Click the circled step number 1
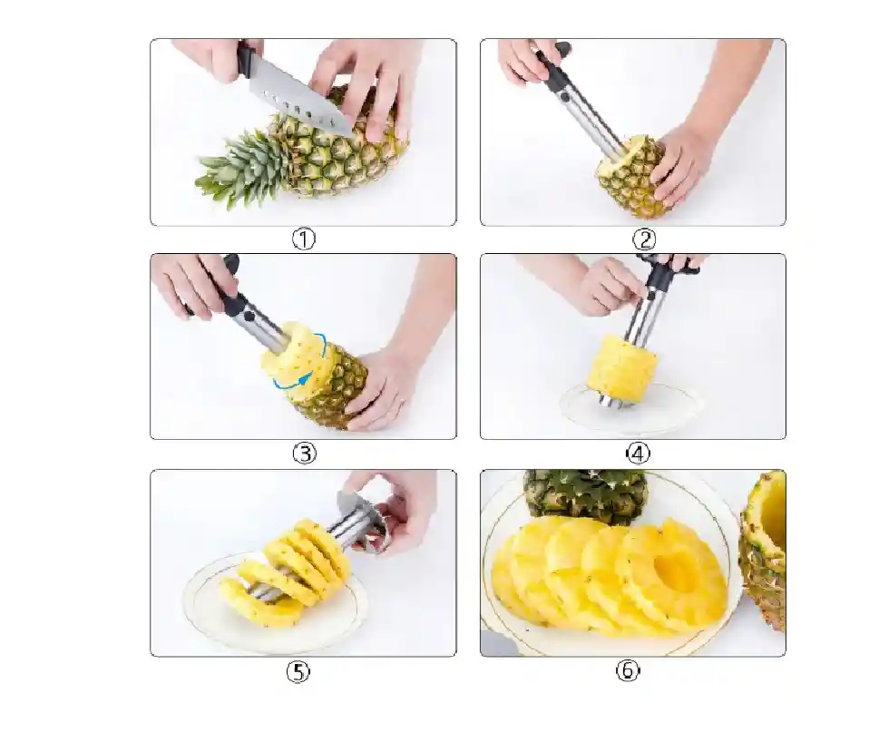pos(304,239)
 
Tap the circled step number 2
pos(644,239)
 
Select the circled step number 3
pos(305,453)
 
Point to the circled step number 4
pos(638,454)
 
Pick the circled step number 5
pos(298,671)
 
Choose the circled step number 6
pos(628,670)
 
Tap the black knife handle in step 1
pos(247,60)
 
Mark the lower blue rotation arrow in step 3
pos(291,383)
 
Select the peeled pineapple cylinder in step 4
pos(622,365)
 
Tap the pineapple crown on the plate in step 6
pos(585,494)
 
